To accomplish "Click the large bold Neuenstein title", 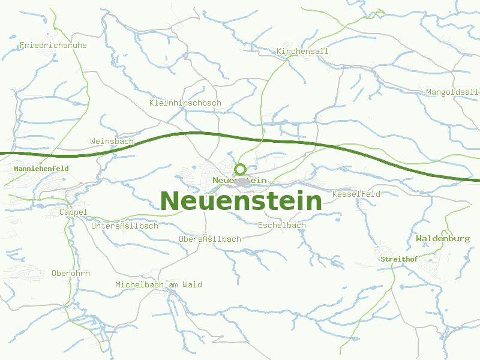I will coord(241,201).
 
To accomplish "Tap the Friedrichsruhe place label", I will coord(53,45).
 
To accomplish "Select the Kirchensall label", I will coord(302,51).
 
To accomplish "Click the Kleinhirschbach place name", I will coord(185,103).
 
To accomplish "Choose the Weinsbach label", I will coord(112,141).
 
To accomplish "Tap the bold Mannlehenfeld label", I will coord(41,169).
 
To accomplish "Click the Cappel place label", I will coord(73,212).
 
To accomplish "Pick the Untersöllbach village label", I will coord(125,226).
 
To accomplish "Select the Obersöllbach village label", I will coord(209,238).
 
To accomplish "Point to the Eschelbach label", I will coord(281,225).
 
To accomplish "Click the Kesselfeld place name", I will coord(356,194).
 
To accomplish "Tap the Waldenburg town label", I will coord(443,238).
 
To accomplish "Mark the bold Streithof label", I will coord(399,259).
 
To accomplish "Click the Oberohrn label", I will coord(71,273).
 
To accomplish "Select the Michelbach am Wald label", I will coord(158,284).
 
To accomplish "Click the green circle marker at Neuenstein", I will coord(241,169).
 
